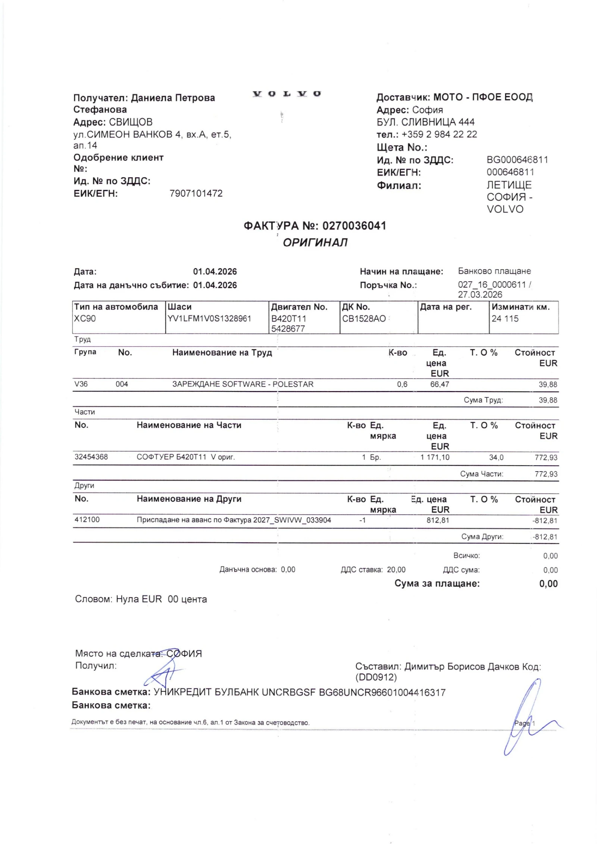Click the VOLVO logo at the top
(286, 94)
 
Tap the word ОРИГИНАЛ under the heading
(315, 243)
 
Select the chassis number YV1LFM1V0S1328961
(209, 318)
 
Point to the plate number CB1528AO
(364, 319)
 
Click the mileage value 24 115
(505, 319)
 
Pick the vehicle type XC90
(85, 319)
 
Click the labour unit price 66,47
(440, 384)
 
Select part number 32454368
(91, 457)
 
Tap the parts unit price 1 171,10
(435, 457)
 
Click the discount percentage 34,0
(496, 457)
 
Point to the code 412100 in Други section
(87, 520)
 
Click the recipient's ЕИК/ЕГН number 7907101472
(196, 193)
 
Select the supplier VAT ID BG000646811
(517, 160)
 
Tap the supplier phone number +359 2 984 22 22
(439, 134)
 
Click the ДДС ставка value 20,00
(396, 570)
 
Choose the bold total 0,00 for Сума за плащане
(548, 584)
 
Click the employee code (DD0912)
(376, 677)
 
